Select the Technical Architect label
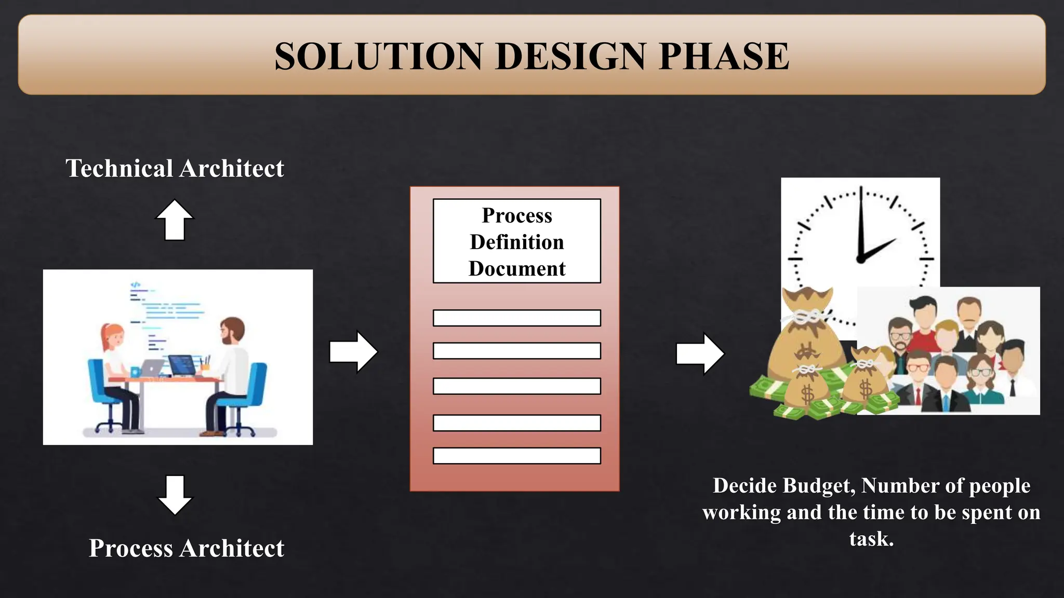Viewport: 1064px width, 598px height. pyautogui.click(x=175, y=168)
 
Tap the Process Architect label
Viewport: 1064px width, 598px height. pyautogui.click(x=186, y=548)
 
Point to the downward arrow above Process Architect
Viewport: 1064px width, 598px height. pyautogui.click(x=175, y=494)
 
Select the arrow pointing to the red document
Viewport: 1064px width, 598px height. pyautogui.click(x=353, y=351)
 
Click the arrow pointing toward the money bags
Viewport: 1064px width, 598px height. pyautogui.click(x=699, y=354)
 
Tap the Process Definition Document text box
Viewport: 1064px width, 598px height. pyautogui.click(x=517, y=241)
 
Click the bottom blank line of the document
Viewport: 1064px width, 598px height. pyautogui.click(x=517, y=456)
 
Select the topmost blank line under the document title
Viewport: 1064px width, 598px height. pyautogui.click(x=517, y=318)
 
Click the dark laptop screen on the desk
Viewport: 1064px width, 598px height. pyautogui.click(x=181, y=364)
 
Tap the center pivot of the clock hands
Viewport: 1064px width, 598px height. pyautogui.click(x=860, y=259)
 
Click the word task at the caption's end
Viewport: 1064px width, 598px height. pyautogui.click(x=871, y=539)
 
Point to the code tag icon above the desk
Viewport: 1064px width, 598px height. pyautogui.click(x=135, y=285)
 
